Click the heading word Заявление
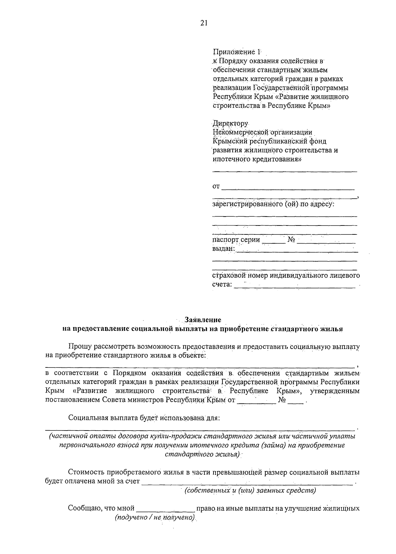click(203, 320)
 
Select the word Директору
click(230, 123)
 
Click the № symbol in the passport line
click(291, 240)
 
